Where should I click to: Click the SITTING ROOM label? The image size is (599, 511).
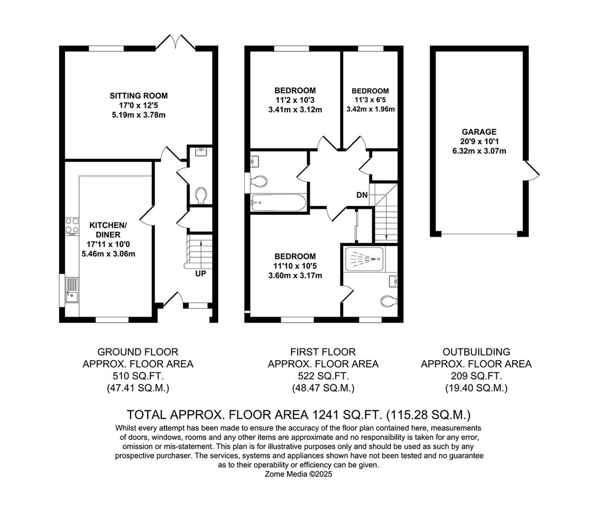click(139, 96)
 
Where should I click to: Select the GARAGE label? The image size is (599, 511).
click(479, 132)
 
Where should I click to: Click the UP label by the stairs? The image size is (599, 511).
click(201, 273)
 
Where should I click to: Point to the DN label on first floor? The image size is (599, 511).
click(362, 195)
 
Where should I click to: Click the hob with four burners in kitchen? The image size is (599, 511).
click(72, 226)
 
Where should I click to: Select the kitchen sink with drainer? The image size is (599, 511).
click(72, 291)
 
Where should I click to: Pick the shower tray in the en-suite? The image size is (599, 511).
click(364, 259)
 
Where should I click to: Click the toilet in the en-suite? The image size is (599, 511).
click(388, 301)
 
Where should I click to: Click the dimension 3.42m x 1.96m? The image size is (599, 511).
click(370, 109)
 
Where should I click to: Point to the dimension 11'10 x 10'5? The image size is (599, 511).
click(295, 266)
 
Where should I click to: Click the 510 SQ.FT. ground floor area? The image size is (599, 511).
click(138, 376)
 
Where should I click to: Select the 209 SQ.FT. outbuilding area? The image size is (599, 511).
click(476, 376)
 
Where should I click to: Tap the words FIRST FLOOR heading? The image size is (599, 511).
click(323, 352)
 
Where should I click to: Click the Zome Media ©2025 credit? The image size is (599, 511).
click(299, 474)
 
